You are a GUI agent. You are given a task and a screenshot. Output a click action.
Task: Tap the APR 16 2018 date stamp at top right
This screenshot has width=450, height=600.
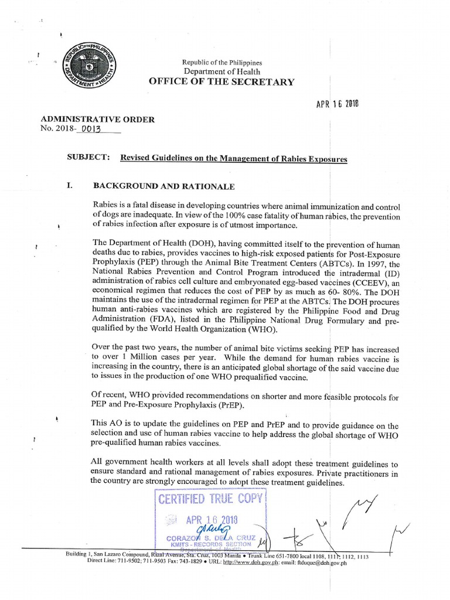pos(337,104)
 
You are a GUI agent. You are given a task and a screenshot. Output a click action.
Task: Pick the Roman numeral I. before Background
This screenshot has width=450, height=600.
pos(69,186)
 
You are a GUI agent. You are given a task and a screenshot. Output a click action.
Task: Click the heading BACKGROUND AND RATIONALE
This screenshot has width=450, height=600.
pos(164,186)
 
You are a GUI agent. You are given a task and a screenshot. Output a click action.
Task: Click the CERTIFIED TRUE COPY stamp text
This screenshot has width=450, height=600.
pos(211,499)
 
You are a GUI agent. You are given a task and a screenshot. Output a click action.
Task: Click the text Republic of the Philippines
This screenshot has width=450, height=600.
pos(222,62)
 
